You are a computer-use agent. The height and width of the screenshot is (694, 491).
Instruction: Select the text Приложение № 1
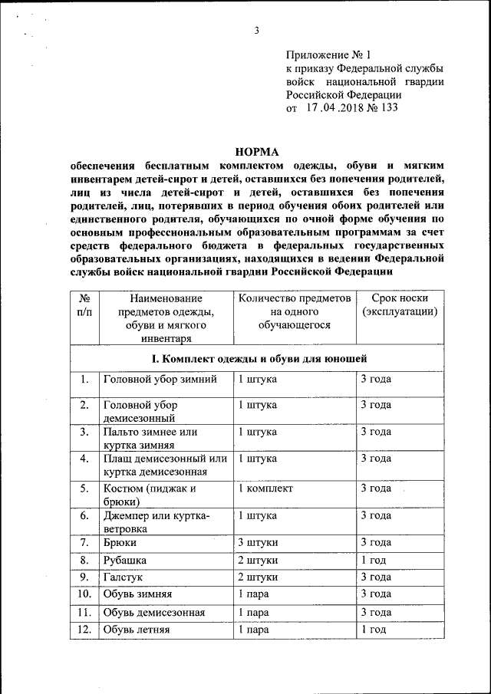pos(328,55)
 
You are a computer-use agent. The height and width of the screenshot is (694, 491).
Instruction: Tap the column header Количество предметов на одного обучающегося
pos(294,311)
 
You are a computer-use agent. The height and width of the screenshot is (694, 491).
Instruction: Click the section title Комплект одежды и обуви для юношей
pos(258,358)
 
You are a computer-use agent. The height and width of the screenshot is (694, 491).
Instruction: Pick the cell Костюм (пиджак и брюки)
pos(150,495)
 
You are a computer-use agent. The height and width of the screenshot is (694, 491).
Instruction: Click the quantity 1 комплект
pos(265,488)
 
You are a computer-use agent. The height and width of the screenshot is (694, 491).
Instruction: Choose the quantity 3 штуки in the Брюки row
pos(257,542)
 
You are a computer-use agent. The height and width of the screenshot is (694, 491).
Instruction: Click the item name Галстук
pos(124,577)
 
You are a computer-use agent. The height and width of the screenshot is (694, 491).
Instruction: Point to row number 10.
pos(83,594)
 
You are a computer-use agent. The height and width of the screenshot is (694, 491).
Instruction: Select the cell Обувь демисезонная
pos(153,612)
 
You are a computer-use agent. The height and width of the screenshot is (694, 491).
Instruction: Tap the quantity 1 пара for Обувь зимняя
pos(253,594)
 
